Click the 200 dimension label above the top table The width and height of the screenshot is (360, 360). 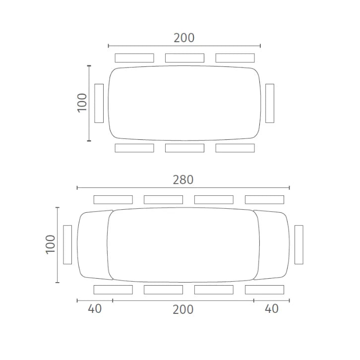click(184, 38)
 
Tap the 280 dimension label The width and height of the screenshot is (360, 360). click(183, 180)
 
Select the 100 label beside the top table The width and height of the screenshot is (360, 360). click(82, 103)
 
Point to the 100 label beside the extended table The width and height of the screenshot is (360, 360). click(51, 244)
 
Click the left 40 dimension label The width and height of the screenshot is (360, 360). click(95, 309)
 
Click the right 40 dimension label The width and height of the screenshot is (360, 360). click(272, 309)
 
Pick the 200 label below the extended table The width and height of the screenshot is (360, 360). click(183, 309)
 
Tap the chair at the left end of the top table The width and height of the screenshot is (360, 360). click(99, 103)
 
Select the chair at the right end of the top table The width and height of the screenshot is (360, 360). click(270, 103)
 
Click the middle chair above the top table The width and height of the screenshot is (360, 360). click(184, 58)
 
